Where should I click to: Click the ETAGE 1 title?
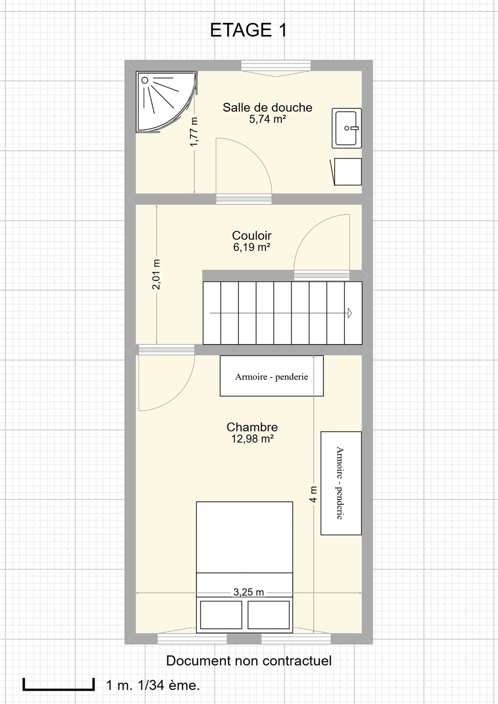tap(249, 30)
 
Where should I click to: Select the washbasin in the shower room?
tap(347, 128)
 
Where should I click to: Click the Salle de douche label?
tap(267, 108)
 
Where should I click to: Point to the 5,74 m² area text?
tap(267, 119)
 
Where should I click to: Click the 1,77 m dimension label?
tap(194, 132)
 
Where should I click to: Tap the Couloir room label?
tap(252, 236)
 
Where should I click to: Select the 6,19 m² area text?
tap(252, 247)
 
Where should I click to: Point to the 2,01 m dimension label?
tap(156, 274)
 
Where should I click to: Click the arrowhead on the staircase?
tap(350, 313)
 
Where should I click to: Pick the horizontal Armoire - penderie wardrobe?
tap(272, 376)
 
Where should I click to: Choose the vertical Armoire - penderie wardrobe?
tap(341, 483)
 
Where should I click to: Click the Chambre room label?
tap(252, 427)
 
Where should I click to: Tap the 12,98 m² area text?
tap(252, 439)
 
